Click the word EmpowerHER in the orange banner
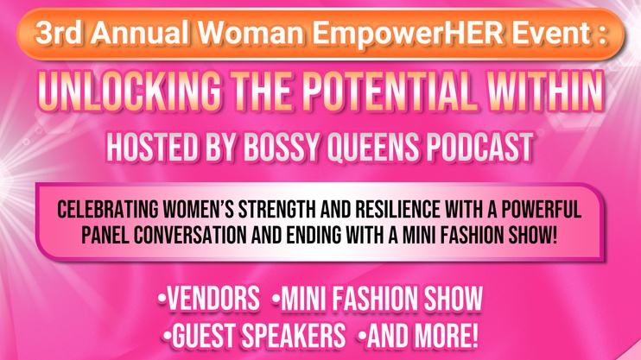409,33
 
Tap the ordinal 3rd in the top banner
58,32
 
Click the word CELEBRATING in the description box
107,210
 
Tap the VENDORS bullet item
209,299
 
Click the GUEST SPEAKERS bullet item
254,336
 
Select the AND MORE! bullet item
418,336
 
